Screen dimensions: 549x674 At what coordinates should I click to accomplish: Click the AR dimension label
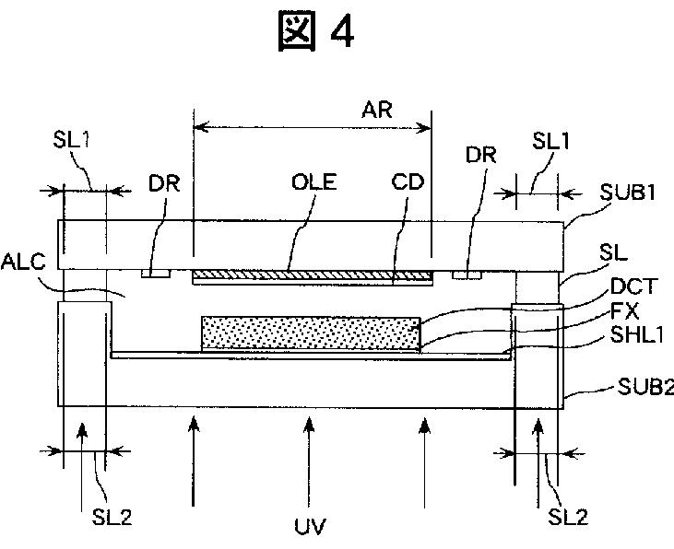click(377, 110)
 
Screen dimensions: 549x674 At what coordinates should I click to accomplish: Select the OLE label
click(313, 181)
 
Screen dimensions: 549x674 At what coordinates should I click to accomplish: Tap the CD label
click(407, 181)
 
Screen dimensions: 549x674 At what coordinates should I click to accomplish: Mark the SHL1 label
click(633, 337)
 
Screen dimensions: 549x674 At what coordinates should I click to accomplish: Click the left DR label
click(163, 181)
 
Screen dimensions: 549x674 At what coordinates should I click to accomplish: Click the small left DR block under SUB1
click(155, 274)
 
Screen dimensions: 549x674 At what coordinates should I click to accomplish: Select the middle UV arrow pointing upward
click(310, 461)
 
